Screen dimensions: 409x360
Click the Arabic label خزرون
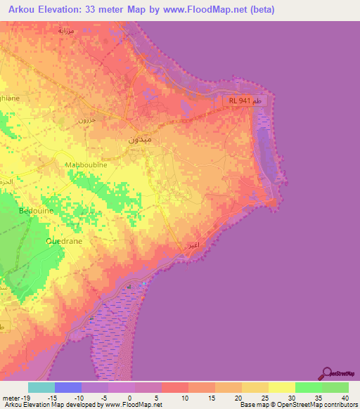coord(86,120)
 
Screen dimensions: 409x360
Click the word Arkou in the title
coord(26,9)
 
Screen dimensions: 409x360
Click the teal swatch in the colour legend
coord(41,387)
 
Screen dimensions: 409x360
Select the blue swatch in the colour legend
coord(68,387)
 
